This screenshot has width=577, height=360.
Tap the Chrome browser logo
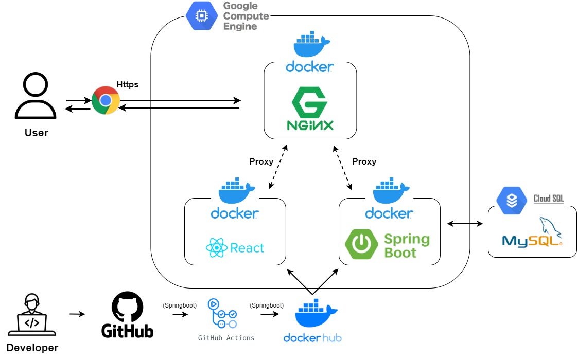[106, 100]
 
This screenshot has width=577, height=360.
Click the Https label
[127, 84]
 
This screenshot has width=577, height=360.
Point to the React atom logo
[217, 248]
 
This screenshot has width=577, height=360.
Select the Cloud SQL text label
[548, 199]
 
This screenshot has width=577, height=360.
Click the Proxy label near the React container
[261, 161]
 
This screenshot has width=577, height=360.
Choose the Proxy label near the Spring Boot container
[364, 161]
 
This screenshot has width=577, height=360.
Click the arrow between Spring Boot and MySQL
[465, 224]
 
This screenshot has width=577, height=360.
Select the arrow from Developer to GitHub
[77, 314]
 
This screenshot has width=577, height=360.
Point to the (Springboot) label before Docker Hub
[267, 305]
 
